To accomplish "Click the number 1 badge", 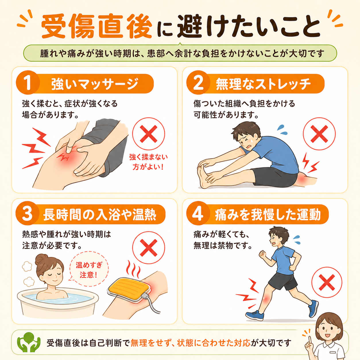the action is [28, 82].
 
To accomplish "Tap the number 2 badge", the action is [198, 82].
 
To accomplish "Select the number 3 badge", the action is [28, 213].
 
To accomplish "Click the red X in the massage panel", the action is [149, 134].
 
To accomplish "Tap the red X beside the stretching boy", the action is [319, 134].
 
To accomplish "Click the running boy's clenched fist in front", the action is [262, 254].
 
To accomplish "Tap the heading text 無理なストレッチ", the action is [263, 84].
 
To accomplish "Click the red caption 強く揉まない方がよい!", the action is [148, 162].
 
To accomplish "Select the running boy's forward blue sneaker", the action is [255, 315].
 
